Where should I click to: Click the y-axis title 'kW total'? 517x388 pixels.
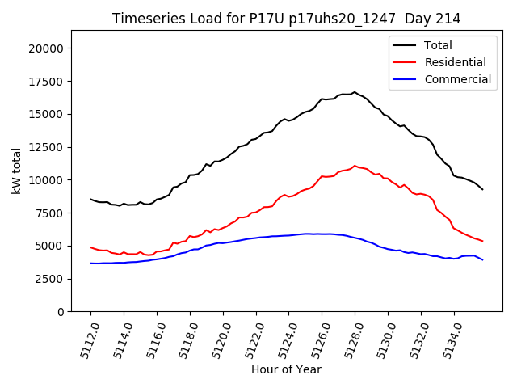pyautogui.click(x=16, y=171)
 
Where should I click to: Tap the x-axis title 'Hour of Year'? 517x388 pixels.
pyautogui.click(x=286, y=369)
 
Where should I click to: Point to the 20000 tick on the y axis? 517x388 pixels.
pyautogui.click(x=47, y=48)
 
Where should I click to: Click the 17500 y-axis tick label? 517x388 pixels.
pyautogui.click(x=47, y=81)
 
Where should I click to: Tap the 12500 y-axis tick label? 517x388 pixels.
pyautogui.click(x=47, y=147)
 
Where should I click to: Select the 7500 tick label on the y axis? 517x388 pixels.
pyautogui.click(x=50, y=213)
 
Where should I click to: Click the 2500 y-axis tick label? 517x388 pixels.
pyautogui.click(x=50, y=279)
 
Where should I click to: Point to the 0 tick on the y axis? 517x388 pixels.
pyautogui.click(x=61, y=312)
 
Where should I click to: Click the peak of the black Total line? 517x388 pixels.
pyautogui.click(x=354, y=92)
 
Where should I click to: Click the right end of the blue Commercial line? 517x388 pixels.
pyautogui.click(x=483, y=259)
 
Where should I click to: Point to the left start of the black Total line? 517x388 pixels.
pyautogui.click(x=90, y=199)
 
